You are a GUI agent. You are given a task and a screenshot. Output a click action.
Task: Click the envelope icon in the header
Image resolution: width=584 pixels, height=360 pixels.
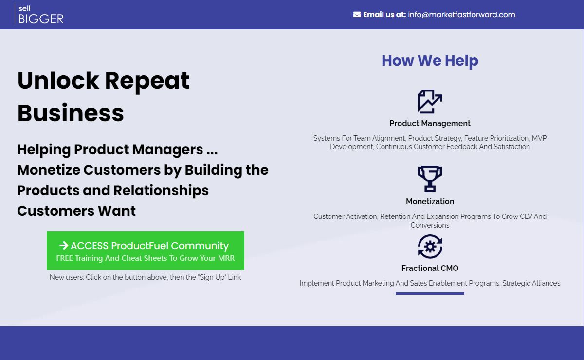[357, 14]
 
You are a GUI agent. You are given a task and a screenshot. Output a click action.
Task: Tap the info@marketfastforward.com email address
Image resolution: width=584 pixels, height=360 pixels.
[461, 14]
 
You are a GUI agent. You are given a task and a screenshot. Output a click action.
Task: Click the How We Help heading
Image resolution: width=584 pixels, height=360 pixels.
[430, 61]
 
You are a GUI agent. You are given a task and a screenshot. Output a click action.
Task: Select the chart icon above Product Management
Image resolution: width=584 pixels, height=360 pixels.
[430, 101]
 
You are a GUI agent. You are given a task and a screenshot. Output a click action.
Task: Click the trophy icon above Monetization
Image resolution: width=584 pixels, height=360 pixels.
[430, 179]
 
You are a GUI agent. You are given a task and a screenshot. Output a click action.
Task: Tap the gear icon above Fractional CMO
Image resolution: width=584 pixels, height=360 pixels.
[430, 247]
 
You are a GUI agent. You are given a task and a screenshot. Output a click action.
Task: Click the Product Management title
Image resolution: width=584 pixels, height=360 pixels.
[430, 123]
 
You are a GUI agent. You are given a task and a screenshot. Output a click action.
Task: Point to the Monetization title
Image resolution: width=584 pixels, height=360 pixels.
[430, 201]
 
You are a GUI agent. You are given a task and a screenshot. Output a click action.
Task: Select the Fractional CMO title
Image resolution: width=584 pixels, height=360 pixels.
[430, 268]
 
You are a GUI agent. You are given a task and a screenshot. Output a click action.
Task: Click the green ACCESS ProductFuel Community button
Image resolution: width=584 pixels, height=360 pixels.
[146, 251]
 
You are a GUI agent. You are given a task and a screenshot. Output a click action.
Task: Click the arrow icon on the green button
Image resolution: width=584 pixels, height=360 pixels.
[64, 246]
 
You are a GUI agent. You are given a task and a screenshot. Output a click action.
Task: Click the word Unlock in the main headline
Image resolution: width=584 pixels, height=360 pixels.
[58, 81]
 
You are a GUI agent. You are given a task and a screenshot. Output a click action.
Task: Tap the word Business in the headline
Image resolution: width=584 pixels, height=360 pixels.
[71, 113]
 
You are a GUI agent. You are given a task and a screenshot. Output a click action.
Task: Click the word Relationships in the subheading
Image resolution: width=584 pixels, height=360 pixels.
[161, 191]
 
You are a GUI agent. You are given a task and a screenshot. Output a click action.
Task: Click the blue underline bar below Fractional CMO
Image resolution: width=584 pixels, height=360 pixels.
[430, 293]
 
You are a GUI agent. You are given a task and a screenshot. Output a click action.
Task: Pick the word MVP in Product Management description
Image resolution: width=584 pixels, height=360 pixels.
[539, 138]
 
